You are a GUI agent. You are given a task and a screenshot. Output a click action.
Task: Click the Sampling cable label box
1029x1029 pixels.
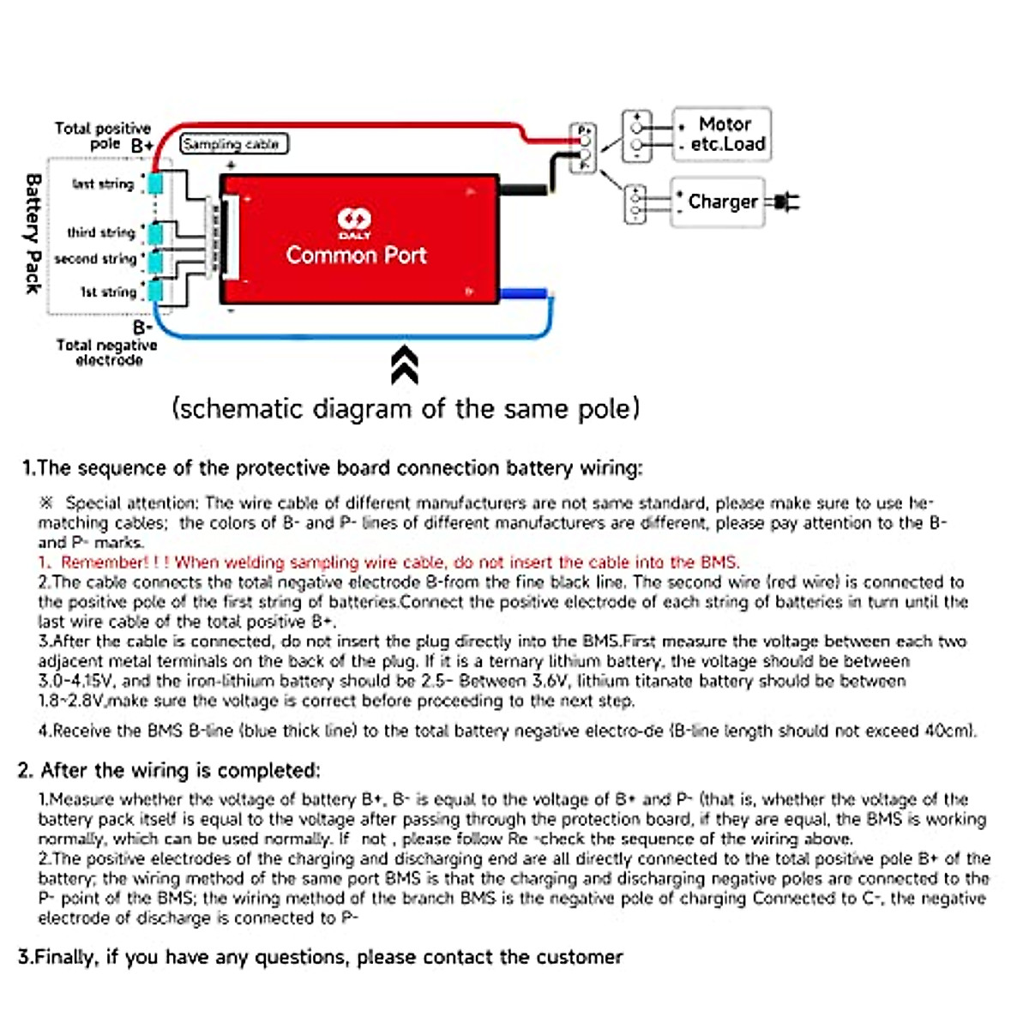(233, 144)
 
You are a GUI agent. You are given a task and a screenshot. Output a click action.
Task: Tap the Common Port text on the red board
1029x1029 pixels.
(356, 255)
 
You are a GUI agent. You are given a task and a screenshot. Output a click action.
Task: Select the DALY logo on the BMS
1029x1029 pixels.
(354, 222)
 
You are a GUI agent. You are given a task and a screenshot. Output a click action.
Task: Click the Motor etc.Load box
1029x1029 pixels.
(722, 134)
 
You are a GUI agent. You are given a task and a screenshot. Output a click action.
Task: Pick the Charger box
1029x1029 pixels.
(717, 202)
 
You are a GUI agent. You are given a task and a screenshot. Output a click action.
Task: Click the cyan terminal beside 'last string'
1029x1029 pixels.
(155, 184)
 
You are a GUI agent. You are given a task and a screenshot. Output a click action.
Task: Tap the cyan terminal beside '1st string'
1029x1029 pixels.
(155, 292)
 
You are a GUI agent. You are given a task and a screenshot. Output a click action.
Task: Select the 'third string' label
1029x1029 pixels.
(101, 232)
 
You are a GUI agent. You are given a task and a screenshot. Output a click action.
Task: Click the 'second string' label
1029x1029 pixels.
(95, 259)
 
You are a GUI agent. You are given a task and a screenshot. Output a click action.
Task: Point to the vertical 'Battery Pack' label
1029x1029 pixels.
(33, 233)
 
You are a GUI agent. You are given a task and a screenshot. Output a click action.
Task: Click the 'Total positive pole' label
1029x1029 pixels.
(103, 135)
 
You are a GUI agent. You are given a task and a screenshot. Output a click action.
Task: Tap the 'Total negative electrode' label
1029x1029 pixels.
(107, 352)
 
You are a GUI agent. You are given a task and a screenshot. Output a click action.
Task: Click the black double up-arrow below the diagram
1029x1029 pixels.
(404, 365)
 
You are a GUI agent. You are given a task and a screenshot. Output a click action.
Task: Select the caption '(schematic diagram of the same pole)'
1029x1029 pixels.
(406, 408)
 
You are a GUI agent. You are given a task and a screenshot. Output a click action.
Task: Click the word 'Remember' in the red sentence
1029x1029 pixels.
(105, 563)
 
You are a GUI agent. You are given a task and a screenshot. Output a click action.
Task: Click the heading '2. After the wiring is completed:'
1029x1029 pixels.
(169, 770)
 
